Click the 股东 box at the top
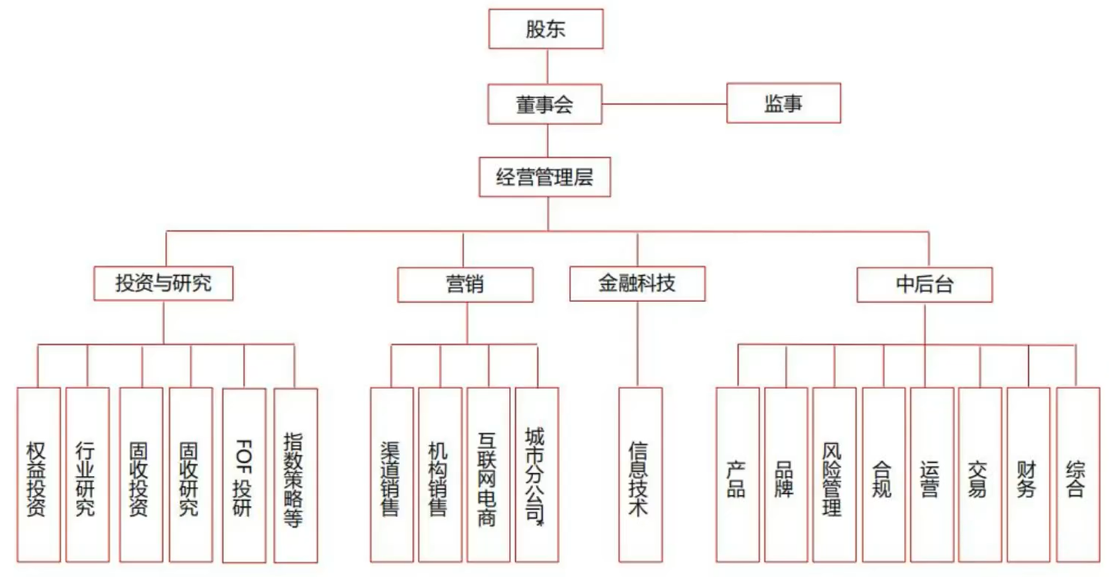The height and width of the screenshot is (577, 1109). (545, 29)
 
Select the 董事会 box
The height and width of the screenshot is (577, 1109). (545, 104)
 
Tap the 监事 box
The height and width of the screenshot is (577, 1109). (783, 104)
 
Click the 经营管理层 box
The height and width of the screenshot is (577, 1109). (545, 178)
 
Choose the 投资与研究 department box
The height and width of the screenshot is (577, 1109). (163, 283)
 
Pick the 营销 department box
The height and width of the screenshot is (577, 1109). (464, 284)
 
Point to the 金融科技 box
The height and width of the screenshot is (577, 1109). (637, 283)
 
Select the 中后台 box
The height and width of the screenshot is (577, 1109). (924, 284)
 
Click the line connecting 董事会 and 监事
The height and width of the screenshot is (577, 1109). (664, 104)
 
